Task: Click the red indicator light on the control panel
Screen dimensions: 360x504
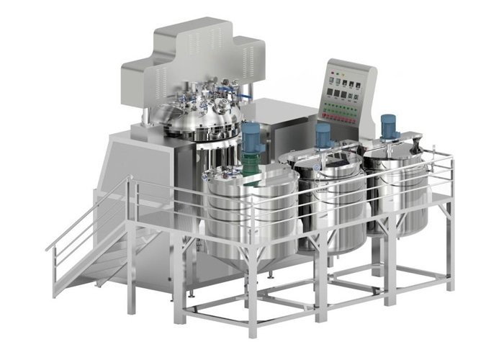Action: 333,73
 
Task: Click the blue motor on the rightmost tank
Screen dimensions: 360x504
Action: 390,127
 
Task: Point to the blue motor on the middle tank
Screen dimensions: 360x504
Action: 323,135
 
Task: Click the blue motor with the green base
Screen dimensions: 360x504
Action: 251,137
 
